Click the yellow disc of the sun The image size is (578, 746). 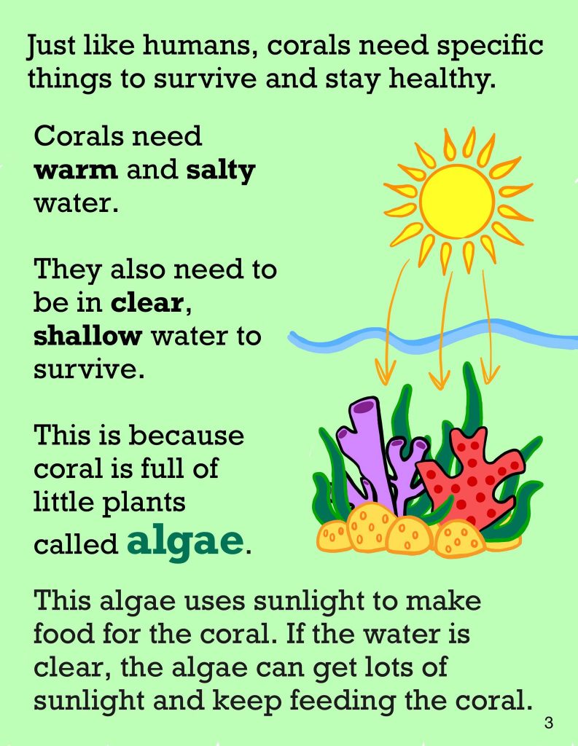[457, 201]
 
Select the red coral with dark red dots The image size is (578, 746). [472, 478]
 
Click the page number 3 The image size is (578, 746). [549, 723]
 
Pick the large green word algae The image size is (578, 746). [184, 542]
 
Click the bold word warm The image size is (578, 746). [75, 170]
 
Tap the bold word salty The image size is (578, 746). [221, 171]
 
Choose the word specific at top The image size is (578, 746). [491, 47]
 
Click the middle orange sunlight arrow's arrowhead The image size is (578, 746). [439, 379]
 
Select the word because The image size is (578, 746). [187, 436]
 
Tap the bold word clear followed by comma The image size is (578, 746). [150, 302]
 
